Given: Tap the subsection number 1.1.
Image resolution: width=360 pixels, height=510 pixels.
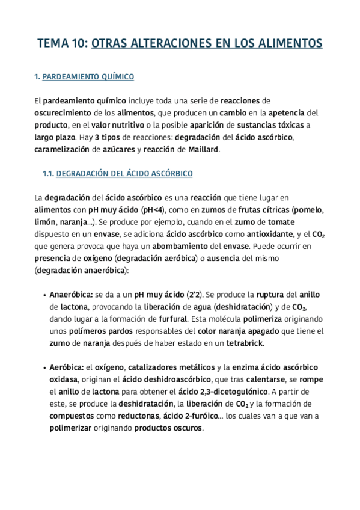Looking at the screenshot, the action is point(48,173).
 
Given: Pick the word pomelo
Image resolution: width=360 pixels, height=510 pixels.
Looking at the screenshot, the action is point(310,209).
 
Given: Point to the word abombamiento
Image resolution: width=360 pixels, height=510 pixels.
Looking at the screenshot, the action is point(152,245).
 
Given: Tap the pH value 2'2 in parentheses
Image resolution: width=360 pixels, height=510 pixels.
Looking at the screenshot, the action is point(196,295).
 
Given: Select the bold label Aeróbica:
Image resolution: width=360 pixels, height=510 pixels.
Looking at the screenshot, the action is point(66,367).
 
